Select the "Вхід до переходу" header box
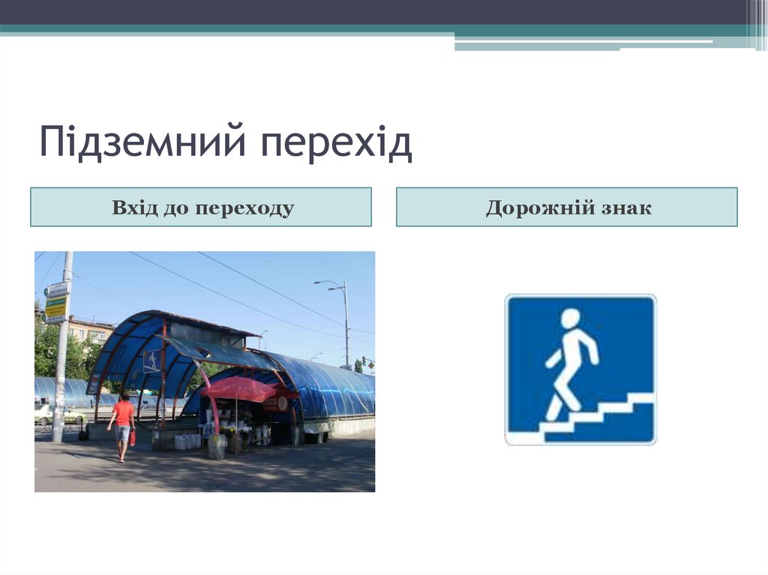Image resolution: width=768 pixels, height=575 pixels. pos(201,208)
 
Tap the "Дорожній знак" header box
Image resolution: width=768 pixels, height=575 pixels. pos(567,208)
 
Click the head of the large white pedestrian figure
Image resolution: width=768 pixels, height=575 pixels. pos(571,319)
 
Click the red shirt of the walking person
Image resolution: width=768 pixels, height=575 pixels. pos(123,413)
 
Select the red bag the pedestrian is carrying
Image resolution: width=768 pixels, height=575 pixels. pos(132,437)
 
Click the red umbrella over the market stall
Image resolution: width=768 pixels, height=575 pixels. pos(238,388)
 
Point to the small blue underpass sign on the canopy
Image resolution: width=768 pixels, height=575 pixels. pos(151,361)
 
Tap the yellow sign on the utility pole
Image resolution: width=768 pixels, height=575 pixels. pos(55,307)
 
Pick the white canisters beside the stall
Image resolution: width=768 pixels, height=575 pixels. pos(185,441)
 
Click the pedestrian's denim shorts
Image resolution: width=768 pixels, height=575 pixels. pos(122,433)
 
